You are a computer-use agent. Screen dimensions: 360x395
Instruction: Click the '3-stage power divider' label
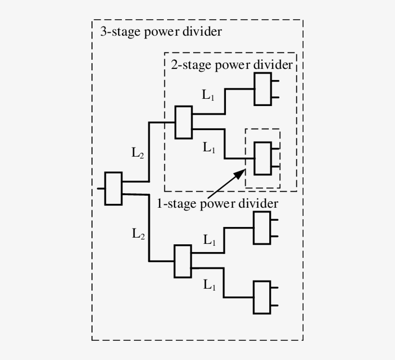pyautogui.click(x=160, y=32)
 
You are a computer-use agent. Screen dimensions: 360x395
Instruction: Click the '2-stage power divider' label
pyautogui.click(x=231, y=65)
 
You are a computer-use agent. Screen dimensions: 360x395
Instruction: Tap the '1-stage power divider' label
pyautogui.click(x=217, y=203)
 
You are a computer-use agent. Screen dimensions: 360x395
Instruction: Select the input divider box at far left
pyautogui.click(x=113, y=188)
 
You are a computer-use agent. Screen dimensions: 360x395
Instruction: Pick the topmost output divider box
pyautogui.click(x=263, y=90)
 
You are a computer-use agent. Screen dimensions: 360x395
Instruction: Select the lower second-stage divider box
pyautogui.click(x=183, y=261)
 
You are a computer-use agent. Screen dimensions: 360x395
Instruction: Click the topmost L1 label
pyautogui.click(x=209, y=95)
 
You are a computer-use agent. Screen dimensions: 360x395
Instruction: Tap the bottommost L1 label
pyautogui.click(x=209, y=285)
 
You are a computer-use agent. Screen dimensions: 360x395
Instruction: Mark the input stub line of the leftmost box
pyautogui.click(x=101, y=188)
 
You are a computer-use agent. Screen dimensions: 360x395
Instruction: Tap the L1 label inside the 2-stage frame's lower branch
pyautogui.click(x=209, y=148)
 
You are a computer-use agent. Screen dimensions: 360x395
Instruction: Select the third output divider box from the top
pyautogui.click(x=263, y=228)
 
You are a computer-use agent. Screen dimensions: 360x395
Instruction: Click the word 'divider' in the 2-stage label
pyautogui.click(x=276, y=65)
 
